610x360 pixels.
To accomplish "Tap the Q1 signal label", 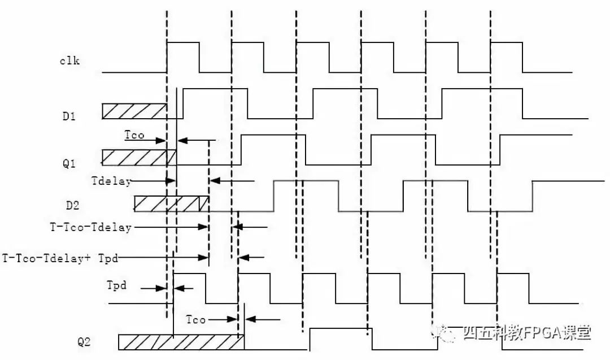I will (x=69, y=163).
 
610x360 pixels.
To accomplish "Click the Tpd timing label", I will (x=116, y=285).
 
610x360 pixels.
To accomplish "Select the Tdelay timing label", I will (x=111, y=181).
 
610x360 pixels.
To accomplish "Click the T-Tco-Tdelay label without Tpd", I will (x=90, y=227).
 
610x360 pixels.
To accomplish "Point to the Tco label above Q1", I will (x=134, y=136).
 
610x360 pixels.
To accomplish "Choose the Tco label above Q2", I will (x=195, y=320).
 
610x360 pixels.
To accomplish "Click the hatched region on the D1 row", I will (x=134, y=111).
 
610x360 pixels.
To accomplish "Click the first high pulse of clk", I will (x=183, y=57).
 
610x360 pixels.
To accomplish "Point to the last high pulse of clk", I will (x=507, y=57).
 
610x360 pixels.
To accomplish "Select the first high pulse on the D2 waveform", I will (x=306, y=196).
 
